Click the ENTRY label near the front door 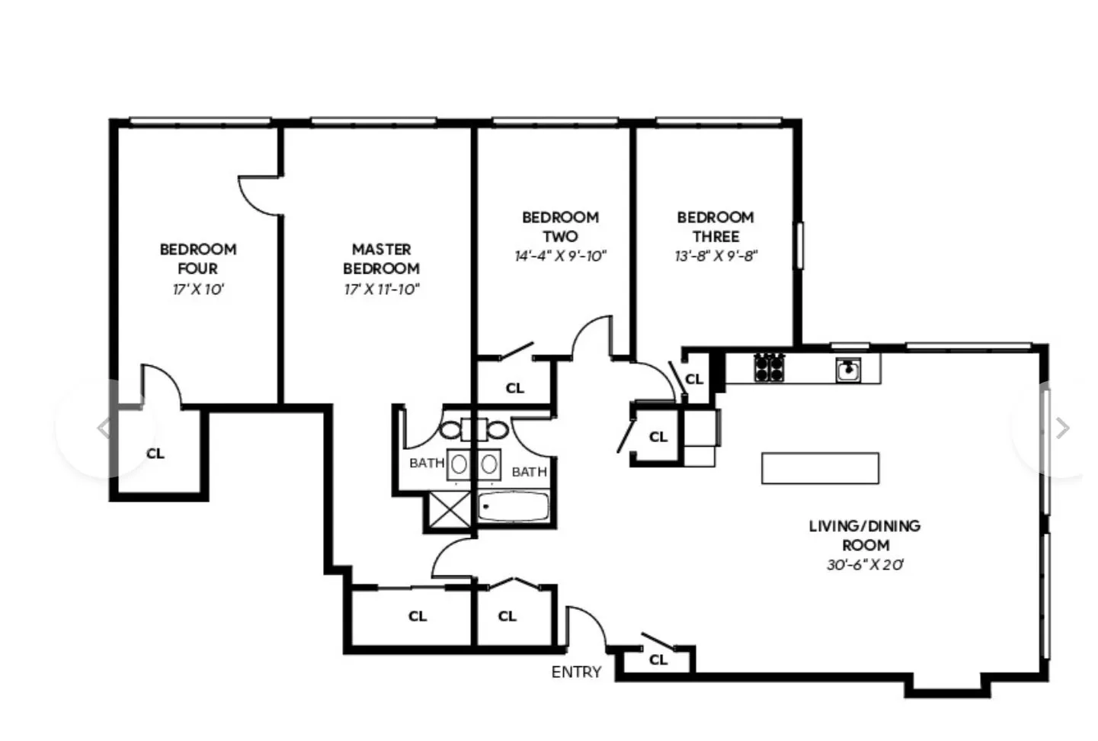pyautogui.click(x=576, y=672)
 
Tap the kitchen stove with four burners pyautogui.click(x=769, y=367)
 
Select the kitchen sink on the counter pyautogui.click(x=848, y=370)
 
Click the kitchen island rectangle pyautogui.click(x=820, y=468)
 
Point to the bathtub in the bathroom pyautogui.click(x=514, y=507)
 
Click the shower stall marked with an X pyautogui.click(x=450, y=509)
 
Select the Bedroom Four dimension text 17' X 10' pyautogui.click(x=198, y=289)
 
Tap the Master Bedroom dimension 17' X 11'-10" pyautogui.click(x=381, y=289)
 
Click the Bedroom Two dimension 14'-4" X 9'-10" pyautogui.click(x=560, y=256)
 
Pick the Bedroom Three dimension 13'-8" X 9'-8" pyautogui.click(x=715, y=256)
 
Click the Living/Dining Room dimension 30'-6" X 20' pyautogui.click(x=864, y=565)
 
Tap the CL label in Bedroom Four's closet pyautogui.click(x=155, y=454)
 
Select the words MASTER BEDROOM pyautogui.click(x=381, y=258)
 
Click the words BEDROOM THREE pyautogui.click(x=715, y=226)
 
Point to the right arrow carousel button pyautogui.click(x=1061, y=428)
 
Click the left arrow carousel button pyautogui.click(x=104, y=428)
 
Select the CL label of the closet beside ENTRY pyautogui.click(x=658, y=659)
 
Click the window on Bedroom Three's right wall pyautogui.click(x=799, y=245)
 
